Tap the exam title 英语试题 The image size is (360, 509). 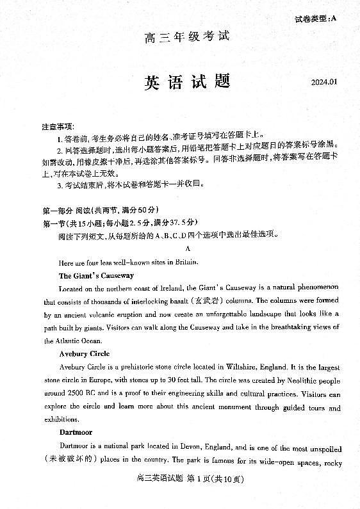click(x=186, y=83)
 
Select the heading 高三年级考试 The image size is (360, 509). click(x=186, y=36)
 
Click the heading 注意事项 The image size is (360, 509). click(x=57, y=127)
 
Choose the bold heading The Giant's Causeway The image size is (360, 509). click(x=96, y=275)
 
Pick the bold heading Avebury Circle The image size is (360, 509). click(x=84, y=353)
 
